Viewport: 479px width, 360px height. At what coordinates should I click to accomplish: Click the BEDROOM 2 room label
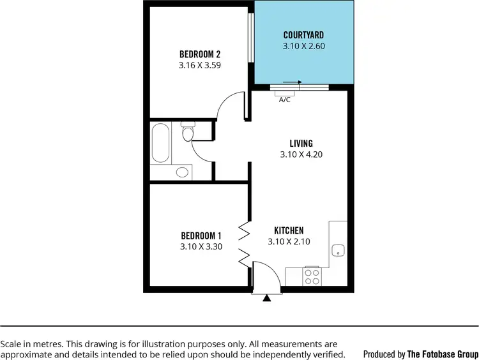pos(200,54)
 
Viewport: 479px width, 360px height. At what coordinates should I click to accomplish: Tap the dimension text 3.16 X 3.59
pos(200,64)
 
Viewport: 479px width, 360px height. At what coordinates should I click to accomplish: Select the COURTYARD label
pos(303,35)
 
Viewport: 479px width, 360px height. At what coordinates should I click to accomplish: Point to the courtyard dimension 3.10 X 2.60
pos(303,46)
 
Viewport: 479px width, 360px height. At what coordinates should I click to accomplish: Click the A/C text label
pos(284,100)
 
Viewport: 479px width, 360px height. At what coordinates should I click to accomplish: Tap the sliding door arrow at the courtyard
pos(292,82)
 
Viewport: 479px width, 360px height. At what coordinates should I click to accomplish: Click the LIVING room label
pos(300,144)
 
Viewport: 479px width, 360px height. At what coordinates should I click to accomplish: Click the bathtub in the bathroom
pos(161,143)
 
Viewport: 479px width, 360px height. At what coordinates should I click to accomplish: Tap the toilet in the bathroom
pos(188,133)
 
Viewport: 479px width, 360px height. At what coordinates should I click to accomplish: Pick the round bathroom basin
pos(183,172)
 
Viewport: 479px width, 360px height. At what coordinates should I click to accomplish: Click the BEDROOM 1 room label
pos(201,234)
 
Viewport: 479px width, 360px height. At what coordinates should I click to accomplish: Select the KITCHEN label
pos(289,230)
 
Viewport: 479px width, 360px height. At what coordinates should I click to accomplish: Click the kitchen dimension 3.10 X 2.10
pos(289,241)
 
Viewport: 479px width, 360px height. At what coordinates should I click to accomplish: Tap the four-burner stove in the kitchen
pos(312,276)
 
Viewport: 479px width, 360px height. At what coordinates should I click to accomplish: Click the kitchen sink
pos(338,250)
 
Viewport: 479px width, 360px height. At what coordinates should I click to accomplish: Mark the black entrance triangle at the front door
pos(267,297)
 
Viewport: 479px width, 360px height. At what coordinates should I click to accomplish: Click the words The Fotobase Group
pos(443,354)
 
